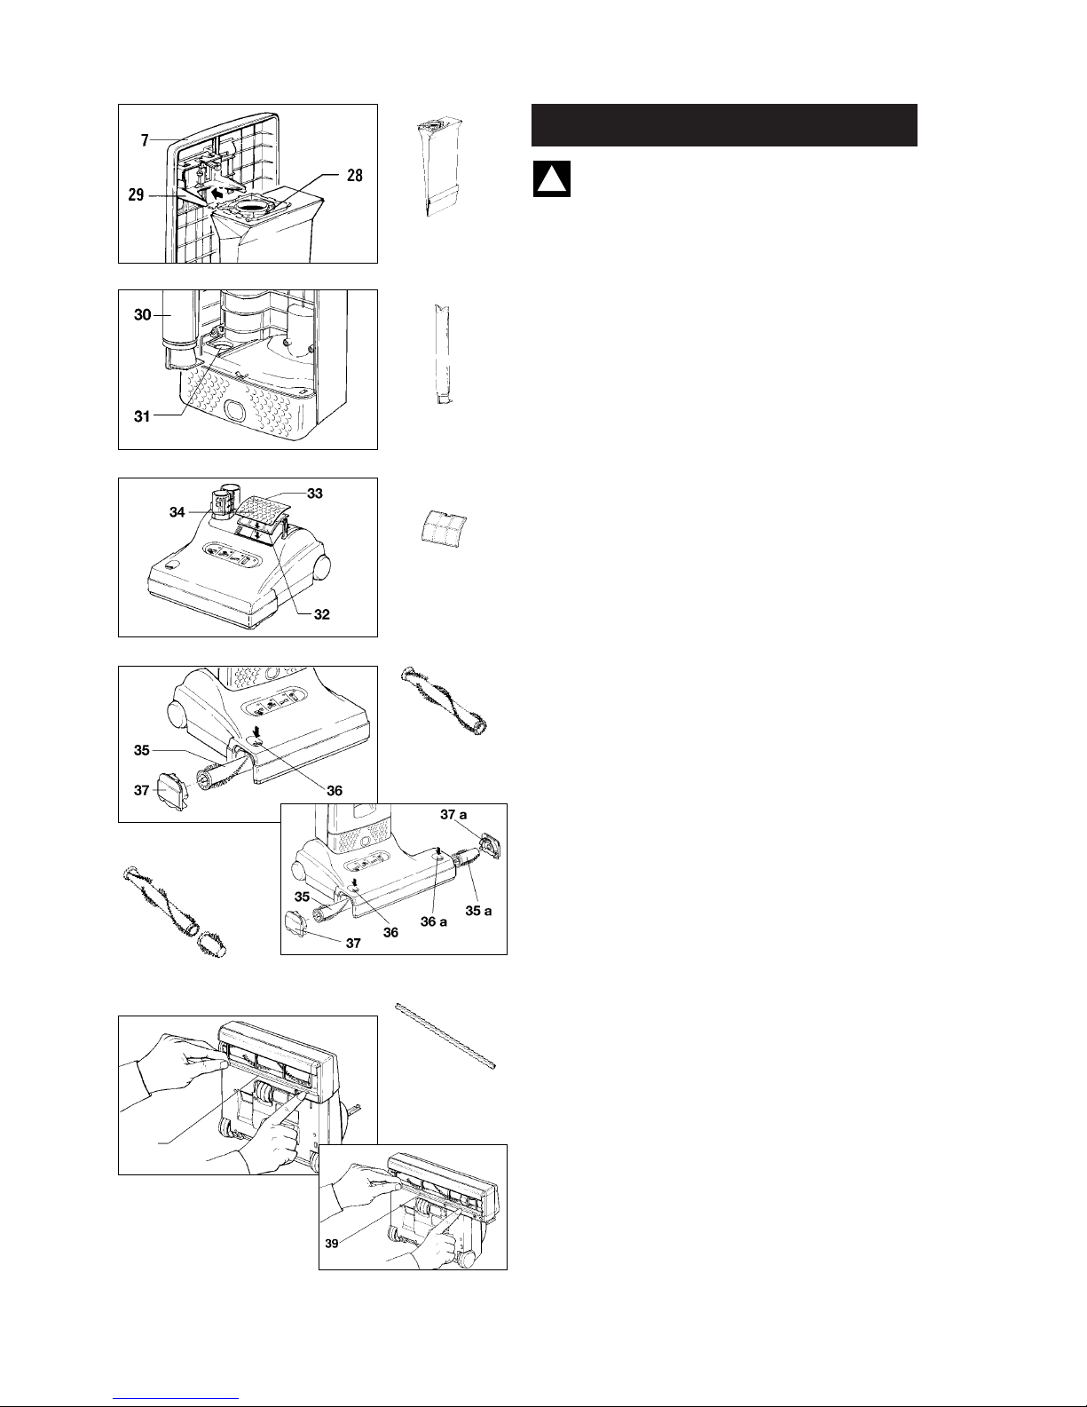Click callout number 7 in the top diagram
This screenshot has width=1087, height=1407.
(x=145, y=140)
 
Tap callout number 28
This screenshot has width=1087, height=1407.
(x=355, y=175)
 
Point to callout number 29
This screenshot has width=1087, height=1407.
(x=136, y=195)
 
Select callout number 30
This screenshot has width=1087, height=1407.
(x=142, y=314)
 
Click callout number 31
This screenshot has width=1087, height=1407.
(x=142, y=416)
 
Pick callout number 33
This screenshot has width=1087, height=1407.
(x=314, y=494)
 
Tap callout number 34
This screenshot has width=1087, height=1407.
(x=177, y=512)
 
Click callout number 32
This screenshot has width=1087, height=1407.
(x=321, y=614)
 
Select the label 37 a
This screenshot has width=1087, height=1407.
(x=453, y=815)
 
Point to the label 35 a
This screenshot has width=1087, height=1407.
(x=478, y=911)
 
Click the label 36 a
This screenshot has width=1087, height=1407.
(x=434, y=921)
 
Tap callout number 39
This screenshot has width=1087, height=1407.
(x=331, y=1243)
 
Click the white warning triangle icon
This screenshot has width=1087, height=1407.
(x=551, y=179)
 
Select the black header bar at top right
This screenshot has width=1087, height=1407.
(x=724, y=125)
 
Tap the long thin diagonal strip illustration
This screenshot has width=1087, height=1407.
(x=445, y=1036)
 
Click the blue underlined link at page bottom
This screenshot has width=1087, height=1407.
(x=176, y=1398)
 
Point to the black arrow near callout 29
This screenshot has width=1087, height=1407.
(x=221, y=193)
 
